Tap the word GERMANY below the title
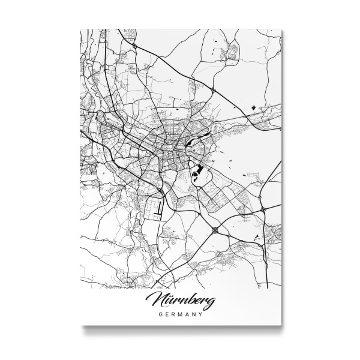(x=179, y=313)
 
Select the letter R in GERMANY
(x=172, y=313)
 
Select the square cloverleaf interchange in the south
(x=215, y=229)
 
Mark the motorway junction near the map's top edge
(x=135, y=45)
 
